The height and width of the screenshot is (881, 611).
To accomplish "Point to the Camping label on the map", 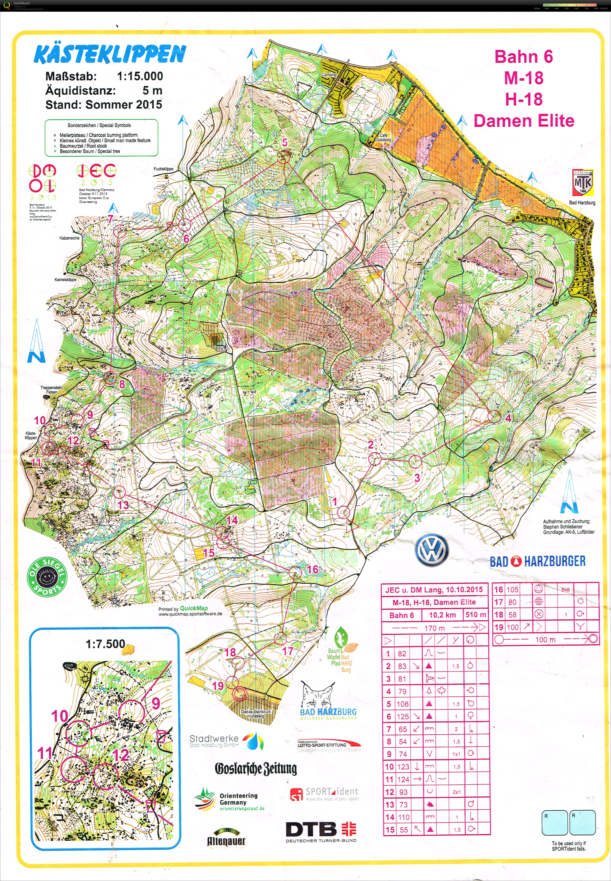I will pos(329,75).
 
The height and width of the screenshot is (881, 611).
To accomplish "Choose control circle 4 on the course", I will pos(495,416).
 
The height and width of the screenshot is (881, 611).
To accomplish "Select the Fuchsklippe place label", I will pos(164,169).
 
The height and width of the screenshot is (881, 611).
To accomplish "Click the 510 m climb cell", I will pos(476,615).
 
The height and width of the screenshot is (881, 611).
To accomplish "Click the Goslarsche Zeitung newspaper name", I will pos(256,768).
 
